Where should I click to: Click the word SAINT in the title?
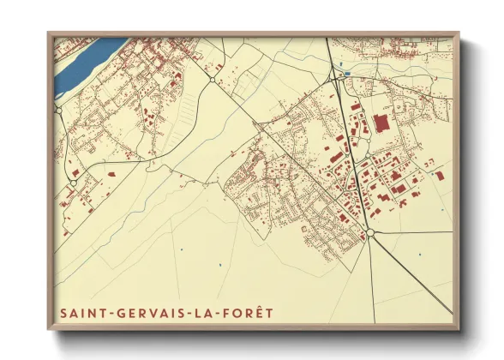[x=80, y=314]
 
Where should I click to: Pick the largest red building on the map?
[x=380, y=123]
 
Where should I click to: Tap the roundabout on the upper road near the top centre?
[x=212, y=80]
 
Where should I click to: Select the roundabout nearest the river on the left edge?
[x=58, y=110]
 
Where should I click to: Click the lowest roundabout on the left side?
[x=74, y=182]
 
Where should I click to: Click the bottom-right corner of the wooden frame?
[x=459, y=328]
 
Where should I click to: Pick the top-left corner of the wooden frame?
[x=49, y=33]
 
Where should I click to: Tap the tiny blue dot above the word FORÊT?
[x=220, y=267]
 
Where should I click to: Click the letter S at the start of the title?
[x=63, y=314]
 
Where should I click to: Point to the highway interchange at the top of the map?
[x=335, y=77]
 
